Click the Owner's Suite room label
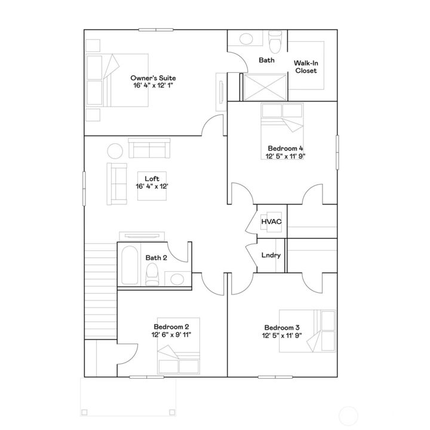click(x=153, y=78)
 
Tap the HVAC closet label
click(x=271, y=222)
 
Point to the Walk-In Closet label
click(x=305, y=66)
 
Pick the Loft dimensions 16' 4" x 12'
click(x=152, y=186)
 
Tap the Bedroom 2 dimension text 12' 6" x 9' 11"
click(x=171, y=335)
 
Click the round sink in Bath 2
click(x=176, y=279)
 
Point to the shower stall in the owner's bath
click(x=263, y=87)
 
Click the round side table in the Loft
click(x=115, y=150)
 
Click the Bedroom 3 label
click(x=282, y=327)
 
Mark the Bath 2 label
click(x=156, y=258)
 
